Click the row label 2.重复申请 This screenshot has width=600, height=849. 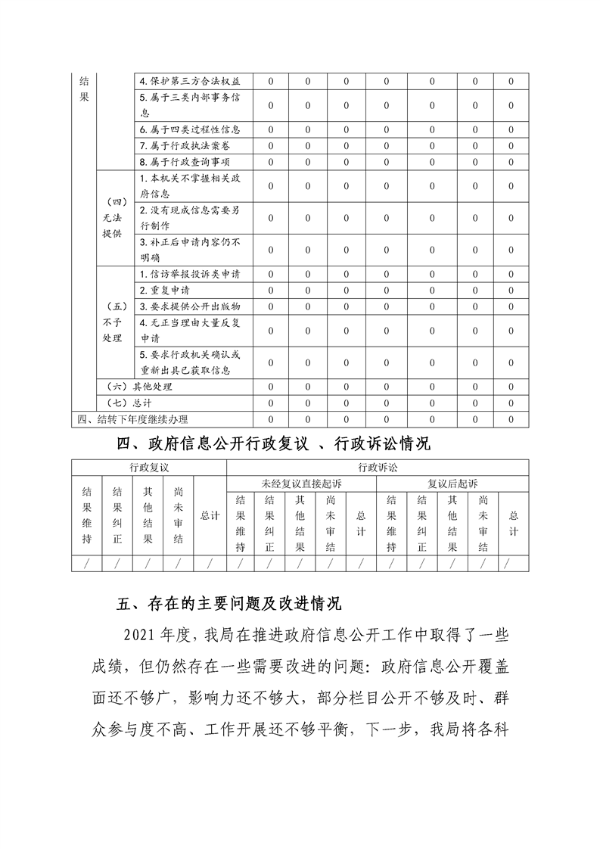165,290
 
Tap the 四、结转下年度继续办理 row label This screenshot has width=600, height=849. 133,418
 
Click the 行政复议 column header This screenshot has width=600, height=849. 148,468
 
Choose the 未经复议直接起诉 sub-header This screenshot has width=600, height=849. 301,483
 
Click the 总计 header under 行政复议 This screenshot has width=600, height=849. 210,515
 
